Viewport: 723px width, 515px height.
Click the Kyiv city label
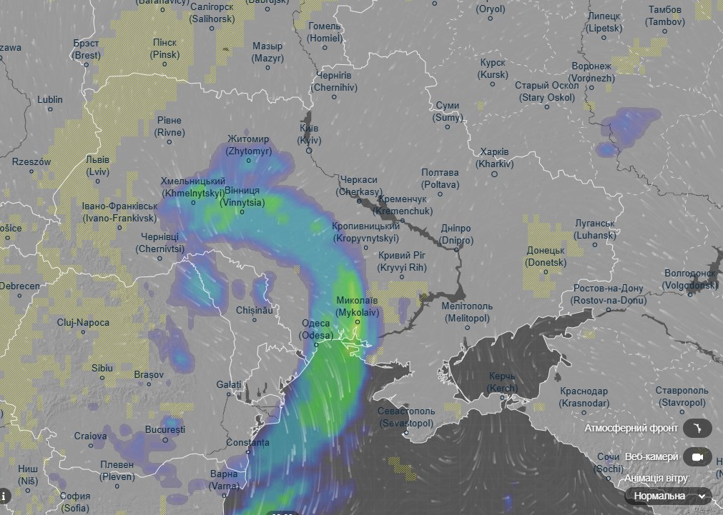pos(309,134)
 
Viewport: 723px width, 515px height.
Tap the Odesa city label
pos(316,329)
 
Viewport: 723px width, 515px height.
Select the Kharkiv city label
pos(496,158)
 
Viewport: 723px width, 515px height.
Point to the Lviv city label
pos(97,166)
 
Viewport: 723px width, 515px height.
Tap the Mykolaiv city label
pos(357,306)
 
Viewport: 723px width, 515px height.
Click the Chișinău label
pos(255,311)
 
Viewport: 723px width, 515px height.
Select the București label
pos(164,429)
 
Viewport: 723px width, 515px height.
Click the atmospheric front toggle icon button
pos(697,429)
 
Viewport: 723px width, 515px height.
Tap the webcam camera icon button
pos(697,456)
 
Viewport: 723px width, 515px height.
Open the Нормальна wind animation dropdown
pos(668,496)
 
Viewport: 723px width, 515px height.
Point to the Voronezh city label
pos(592,72)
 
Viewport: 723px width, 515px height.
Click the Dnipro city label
pos(456,234)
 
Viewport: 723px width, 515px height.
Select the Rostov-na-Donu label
pos(607,294)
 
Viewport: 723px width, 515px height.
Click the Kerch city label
pos(502,381)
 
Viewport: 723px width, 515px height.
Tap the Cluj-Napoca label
pos(84,323)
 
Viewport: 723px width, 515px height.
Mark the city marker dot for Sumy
pos(448,128)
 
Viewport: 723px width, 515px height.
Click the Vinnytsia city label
pos(242,196)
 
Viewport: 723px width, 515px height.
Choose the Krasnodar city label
pos(584,396)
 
